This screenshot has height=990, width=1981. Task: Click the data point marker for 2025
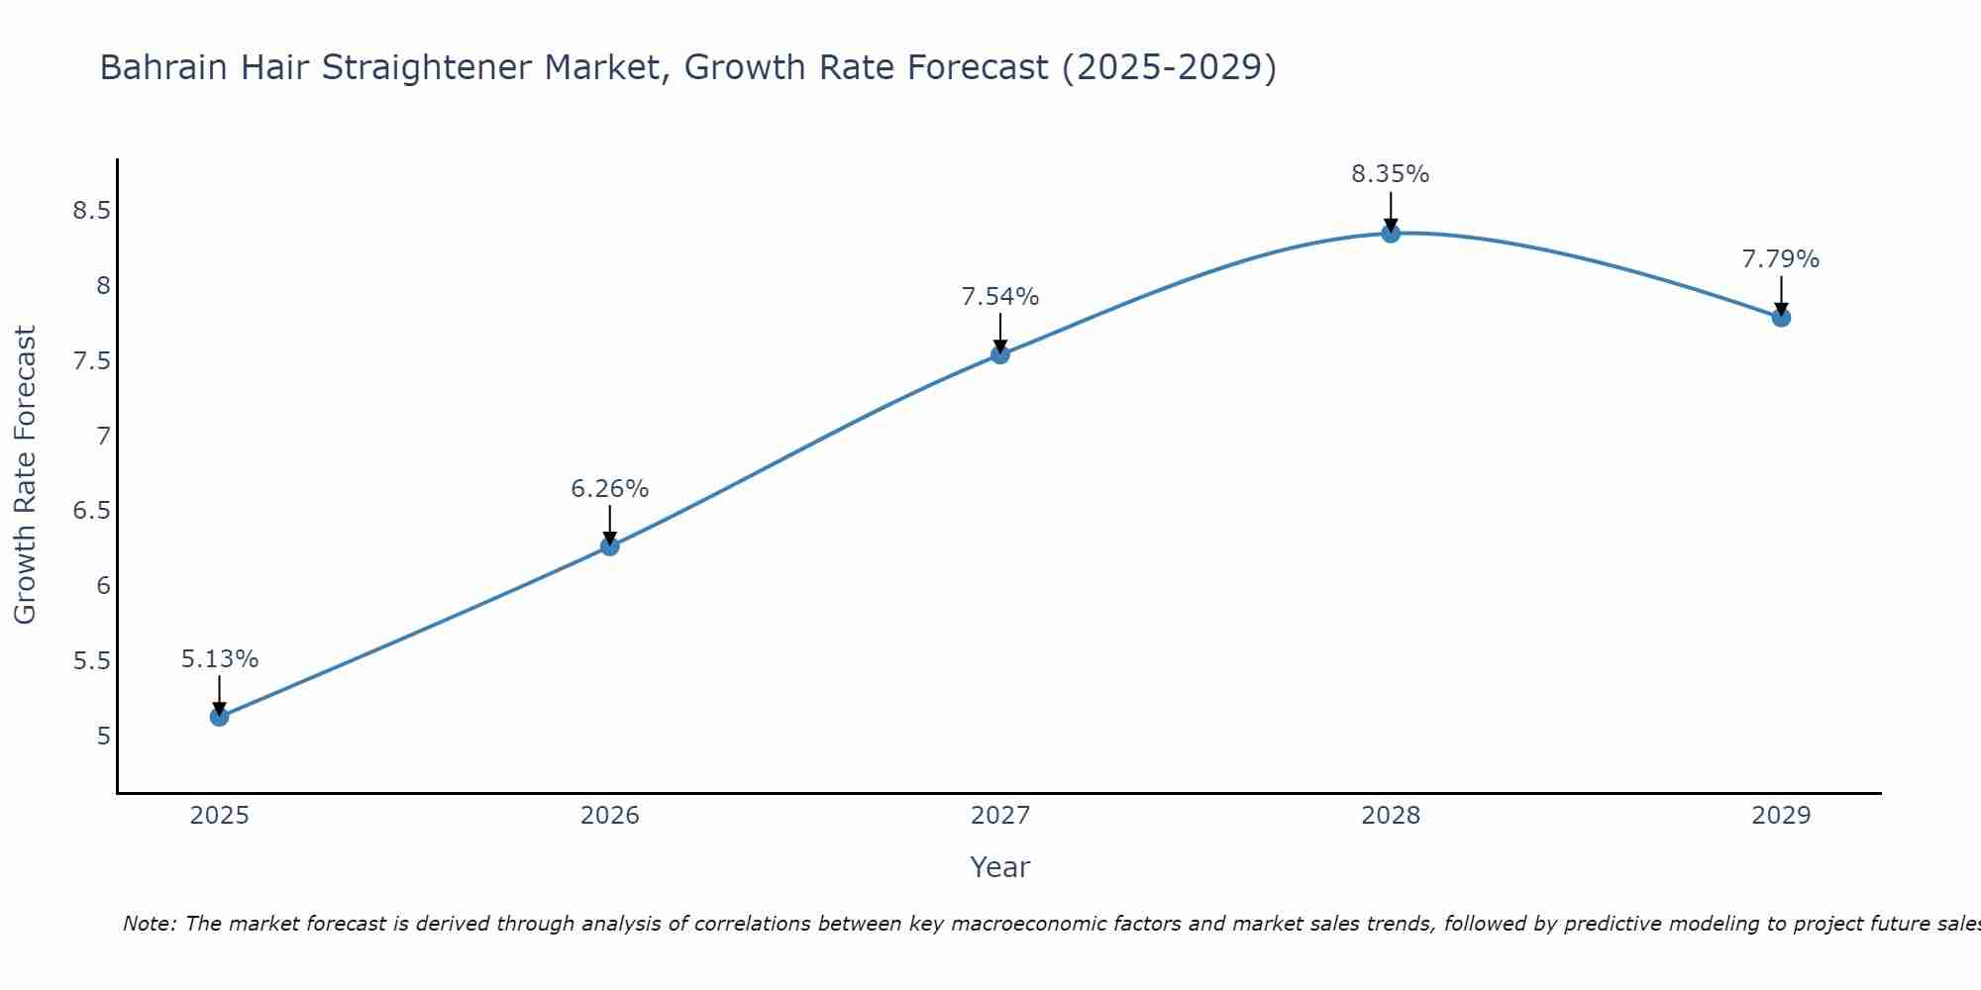tap(220, 717)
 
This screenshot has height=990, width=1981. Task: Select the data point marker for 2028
tap(1391, 234)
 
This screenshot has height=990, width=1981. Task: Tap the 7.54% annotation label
tap(1000, 297)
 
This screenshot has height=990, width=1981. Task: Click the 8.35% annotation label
tap(1391, 174)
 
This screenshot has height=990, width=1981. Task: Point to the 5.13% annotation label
tap(220, 659)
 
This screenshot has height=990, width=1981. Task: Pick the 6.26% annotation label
tap(610, 489)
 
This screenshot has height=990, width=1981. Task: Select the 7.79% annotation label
tap(1781, 259)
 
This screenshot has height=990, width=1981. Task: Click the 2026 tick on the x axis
tap(610, 816)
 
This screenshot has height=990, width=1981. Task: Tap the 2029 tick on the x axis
tap(1781, 816)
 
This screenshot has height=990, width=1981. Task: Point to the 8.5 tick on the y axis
tap(91, 211)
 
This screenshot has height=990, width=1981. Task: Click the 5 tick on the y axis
tap(104, 737)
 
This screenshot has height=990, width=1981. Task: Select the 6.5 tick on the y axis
tap(91, 511)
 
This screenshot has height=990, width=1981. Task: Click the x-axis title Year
tap(1000, 867)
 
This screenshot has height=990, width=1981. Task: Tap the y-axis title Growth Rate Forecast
tap(26, 475)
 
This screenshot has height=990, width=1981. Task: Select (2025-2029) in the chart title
tap(1169, 68)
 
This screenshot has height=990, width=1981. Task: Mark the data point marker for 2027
tap(1000, 354)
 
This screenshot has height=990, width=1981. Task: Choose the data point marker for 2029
tap(1781, 318)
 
